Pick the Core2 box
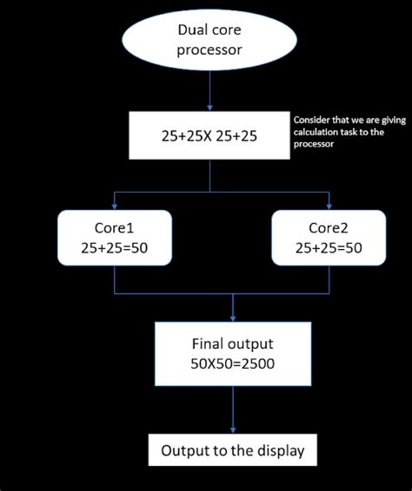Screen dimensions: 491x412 tap(329, 236)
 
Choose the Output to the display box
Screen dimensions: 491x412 tap(233, 451)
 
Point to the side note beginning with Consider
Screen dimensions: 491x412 tap(349, 132)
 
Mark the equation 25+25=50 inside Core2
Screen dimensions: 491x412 tap(329, 248)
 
